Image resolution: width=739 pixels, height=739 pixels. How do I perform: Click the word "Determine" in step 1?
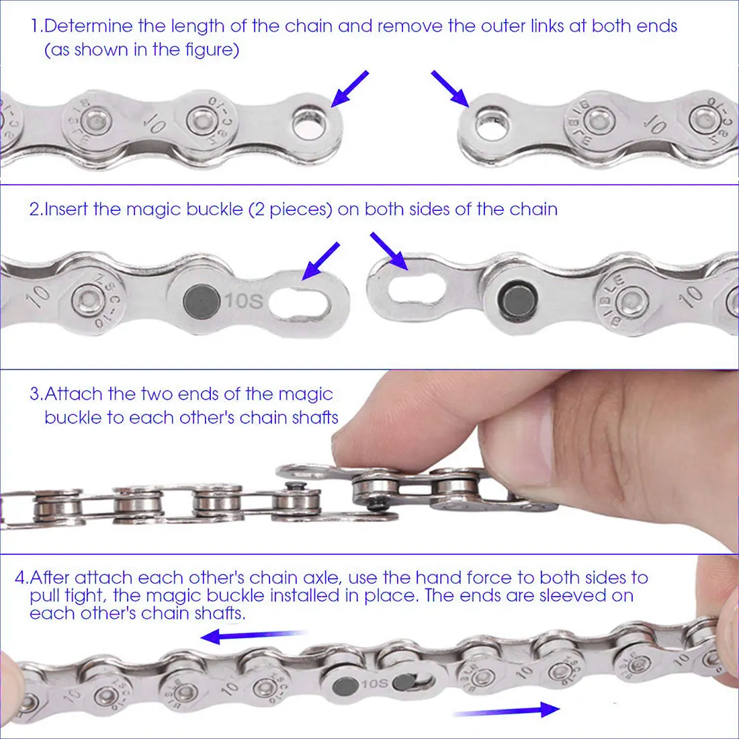pos(88,26)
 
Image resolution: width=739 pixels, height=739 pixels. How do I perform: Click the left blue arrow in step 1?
pos(349,89)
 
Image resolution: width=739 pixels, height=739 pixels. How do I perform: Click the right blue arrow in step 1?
pos(450,89)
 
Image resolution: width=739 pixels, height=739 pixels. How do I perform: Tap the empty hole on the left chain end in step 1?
pos(309,124)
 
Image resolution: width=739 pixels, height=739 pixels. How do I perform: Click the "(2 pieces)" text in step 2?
pos(290,209)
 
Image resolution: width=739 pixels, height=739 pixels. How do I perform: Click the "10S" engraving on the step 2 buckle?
pos(243,301)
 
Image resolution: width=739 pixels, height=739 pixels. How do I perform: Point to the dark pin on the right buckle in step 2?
pos(517,300)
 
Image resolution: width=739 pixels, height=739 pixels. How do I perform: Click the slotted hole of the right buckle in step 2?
pos(417,289)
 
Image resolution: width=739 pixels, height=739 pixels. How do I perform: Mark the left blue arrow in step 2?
pos(320,261)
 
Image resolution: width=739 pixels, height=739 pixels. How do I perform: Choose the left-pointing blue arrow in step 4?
pos(253,636)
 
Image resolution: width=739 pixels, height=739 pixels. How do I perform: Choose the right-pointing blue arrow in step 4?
pos(506,710)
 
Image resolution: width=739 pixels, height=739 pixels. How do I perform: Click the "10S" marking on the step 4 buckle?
pos(375,683)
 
